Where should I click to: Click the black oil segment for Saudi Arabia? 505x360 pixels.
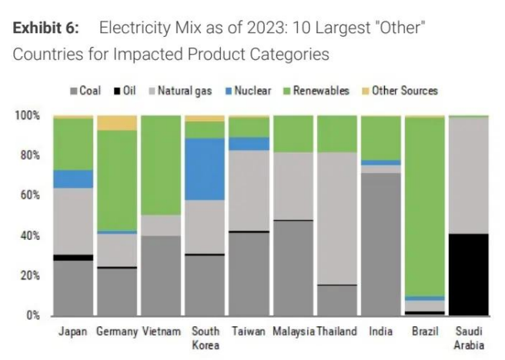coord(470,274)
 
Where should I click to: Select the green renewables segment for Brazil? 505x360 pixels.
coord(425,206)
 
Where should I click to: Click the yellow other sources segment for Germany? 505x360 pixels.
coord(116,122)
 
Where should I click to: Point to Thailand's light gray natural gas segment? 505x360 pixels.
coord(336,218)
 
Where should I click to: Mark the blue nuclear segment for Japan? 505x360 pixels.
coord(72,178)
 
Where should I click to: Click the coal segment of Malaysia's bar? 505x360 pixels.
coord(293,268)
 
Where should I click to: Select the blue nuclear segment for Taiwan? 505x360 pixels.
coord(249,144)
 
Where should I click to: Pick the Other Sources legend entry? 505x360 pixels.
coord(399,91)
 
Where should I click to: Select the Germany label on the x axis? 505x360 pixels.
coord(116,332)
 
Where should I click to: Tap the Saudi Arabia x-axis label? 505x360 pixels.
coord(470,338)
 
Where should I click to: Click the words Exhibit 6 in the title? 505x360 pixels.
coord(47,28)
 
